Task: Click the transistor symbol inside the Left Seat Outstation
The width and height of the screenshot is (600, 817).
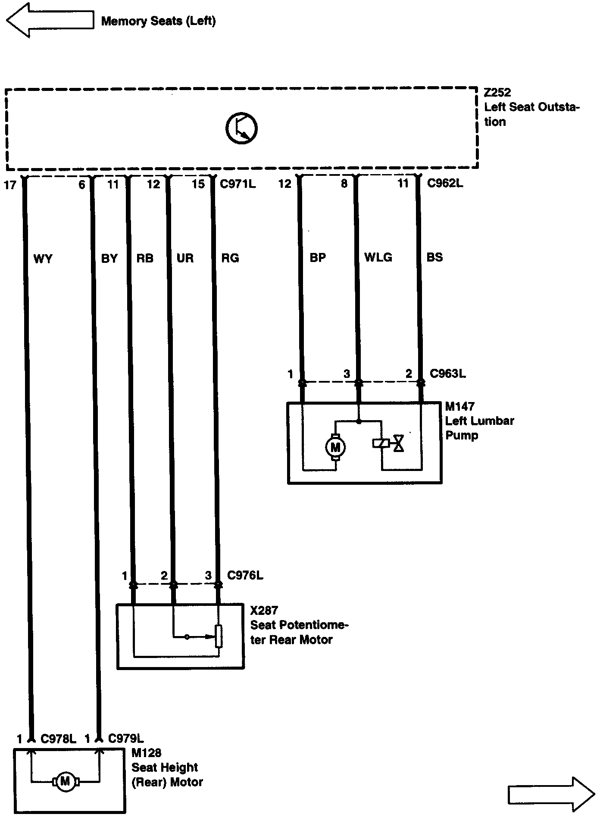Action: tap(241, 128)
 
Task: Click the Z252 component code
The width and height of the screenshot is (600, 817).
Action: tap(497, 93)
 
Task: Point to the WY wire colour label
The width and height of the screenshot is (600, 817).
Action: tap(43, 259)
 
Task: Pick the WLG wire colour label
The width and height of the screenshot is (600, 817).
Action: tap(378, 258)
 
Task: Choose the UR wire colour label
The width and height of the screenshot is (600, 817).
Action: tap(185, 259)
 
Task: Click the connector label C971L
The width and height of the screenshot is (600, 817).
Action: tap(237, 184)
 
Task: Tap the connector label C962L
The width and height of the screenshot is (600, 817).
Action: tap(445, 184)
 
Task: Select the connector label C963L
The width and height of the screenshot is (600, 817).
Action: tap(447, 374)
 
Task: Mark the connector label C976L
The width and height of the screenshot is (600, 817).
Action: tap(245, 575)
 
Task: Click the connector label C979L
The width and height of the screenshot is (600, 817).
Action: tap(126, 739)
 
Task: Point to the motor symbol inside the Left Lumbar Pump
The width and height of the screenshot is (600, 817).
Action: tap(335, 448)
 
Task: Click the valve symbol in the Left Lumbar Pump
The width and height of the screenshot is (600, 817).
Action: tap(399, 443)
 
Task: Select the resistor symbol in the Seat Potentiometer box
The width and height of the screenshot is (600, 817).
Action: tap(219, 636)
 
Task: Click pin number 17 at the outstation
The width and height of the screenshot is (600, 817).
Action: tap(9, 185)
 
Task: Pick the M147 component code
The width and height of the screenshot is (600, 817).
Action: tap(459, 406)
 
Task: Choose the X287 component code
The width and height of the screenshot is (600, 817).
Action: tap(264, 610)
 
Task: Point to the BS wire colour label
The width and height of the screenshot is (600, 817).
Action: tap(434, 257)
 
